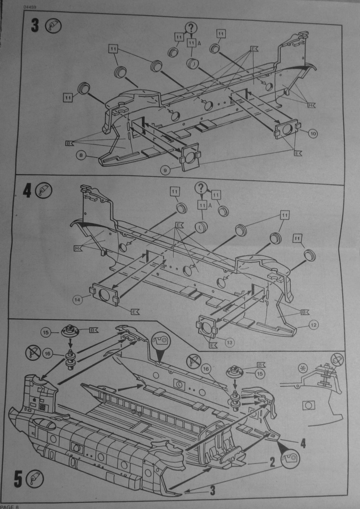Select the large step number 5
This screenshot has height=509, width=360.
point(18,480)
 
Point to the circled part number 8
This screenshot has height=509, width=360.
point(81,155)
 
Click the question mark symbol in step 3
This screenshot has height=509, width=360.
point(192,27)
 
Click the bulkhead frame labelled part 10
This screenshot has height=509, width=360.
point(288,131)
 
